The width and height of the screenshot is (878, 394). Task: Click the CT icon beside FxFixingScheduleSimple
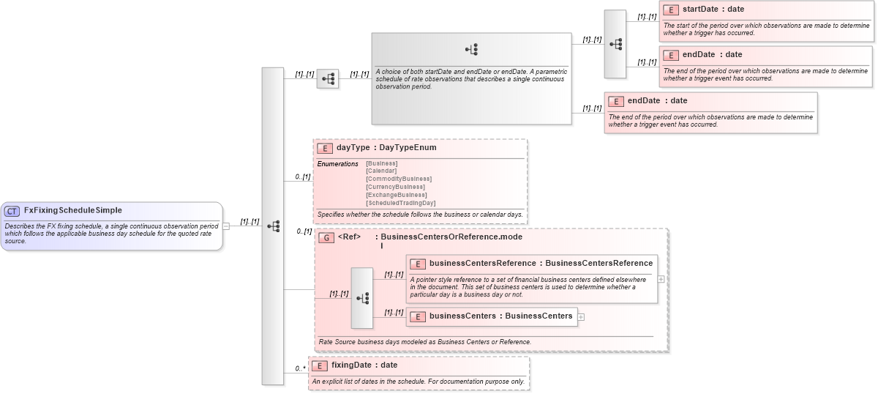12,211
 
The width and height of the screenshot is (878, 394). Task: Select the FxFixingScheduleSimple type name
72,211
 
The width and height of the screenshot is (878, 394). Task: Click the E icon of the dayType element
325,148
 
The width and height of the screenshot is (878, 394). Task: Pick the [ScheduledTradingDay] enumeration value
400,203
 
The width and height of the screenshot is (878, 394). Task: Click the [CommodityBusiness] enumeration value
398,179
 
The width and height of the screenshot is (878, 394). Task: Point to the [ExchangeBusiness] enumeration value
396,195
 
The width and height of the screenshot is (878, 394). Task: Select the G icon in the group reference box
326,237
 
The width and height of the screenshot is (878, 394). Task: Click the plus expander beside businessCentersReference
661,279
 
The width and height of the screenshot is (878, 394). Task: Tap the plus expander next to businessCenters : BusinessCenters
582,317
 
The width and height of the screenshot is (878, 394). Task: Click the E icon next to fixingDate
320,365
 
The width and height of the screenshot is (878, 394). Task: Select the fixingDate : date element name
364,365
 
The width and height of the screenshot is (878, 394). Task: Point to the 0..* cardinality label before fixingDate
300,368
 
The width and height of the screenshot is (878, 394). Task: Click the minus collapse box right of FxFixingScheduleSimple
226,226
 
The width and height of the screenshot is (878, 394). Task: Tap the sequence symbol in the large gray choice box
471,50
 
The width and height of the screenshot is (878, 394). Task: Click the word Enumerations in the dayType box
337,163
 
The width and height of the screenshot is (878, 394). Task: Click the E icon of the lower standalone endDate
616,101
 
